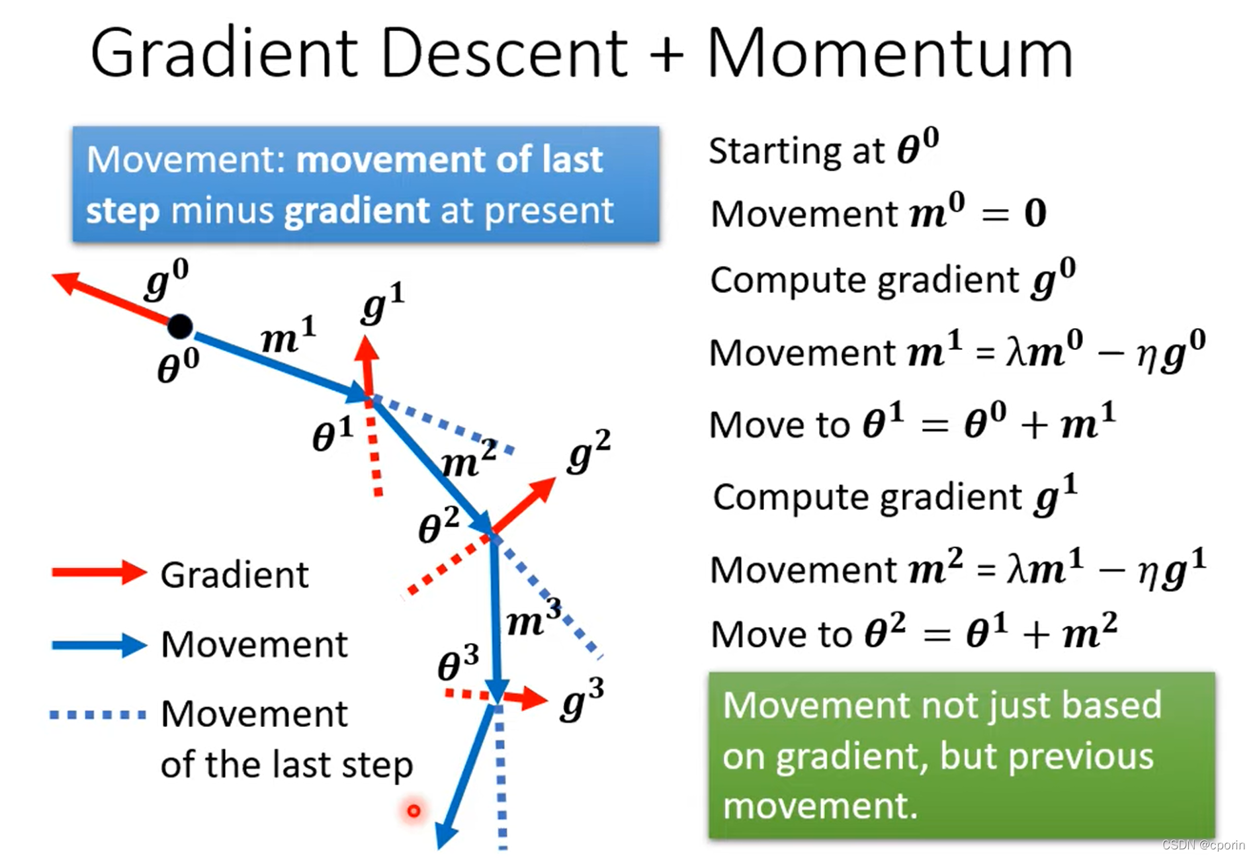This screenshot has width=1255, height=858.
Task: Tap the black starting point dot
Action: click(x=179, y=325)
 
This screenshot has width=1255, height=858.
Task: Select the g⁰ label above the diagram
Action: click(x=166, y=279)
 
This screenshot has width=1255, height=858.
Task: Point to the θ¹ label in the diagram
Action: click(x=332, y=435)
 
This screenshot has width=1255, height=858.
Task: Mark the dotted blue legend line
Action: click(x=98, y=714)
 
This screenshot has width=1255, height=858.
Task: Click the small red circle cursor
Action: click(x=413, y=810)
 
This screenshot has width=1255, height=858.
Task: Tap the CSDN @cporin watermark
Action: click(x=1203, y=845)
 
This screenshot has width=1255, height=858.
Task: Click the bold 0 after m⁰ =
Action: click(x=1035, y=214)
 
